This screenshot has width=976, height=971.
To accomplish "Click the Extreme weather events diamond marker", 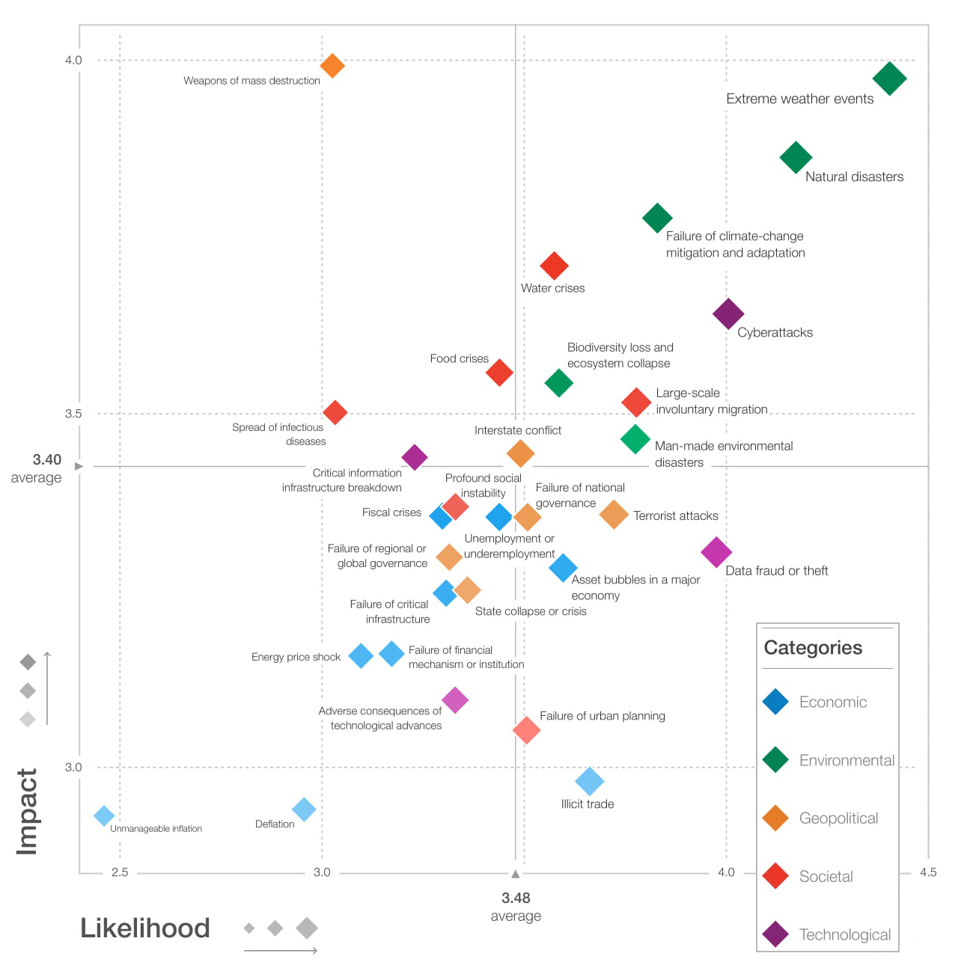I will click(889, 79).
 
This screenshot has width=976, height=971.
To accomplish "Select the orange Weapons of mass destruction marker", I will click(332, 66).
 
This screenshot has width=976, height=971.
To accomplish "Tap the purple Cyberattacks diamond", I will click(728, 313).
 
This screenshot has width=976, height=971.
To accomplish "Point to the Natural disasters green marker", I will click(796, 158).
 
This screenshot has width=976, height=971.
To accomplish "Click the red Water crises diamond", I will click(554, 266).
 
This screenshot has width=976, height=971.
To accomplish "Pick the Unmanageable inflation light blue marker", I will click(104, 815).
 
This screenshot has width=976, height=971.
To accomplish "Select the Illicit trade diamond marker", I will click(590, 781).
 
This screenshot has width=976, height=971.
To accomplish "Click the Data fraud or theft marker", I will click(716, 552).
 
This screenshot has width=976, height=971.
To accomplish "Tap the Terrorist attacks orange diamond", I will click(614, 515).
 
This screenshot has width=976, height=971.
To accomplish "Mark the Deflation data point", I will click(304, 809).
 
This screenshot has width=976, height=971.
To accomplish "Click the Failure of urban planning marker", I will click(526, 729).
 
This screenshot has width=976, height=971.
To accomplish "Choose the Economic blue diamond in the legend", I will click(775, 702).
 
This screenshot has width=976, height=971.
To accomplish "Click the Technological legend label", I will click(844, 934).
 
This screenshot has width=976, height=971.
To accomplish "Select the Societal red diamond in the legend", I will click(775, 876).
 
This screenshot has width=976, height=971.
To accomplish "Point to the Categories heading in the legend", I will click(813, 648).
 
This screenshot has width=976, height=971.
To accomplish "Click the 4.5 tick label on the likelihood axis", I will click(928, 872).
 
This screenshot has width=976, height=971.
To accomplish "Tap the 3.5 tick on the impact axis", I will click(73, 414).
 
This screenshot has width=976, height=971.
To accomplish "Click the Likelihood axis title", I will click(145, 928).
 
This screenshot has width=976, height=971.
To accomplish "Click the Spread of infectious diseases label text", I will click(278, 434).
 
